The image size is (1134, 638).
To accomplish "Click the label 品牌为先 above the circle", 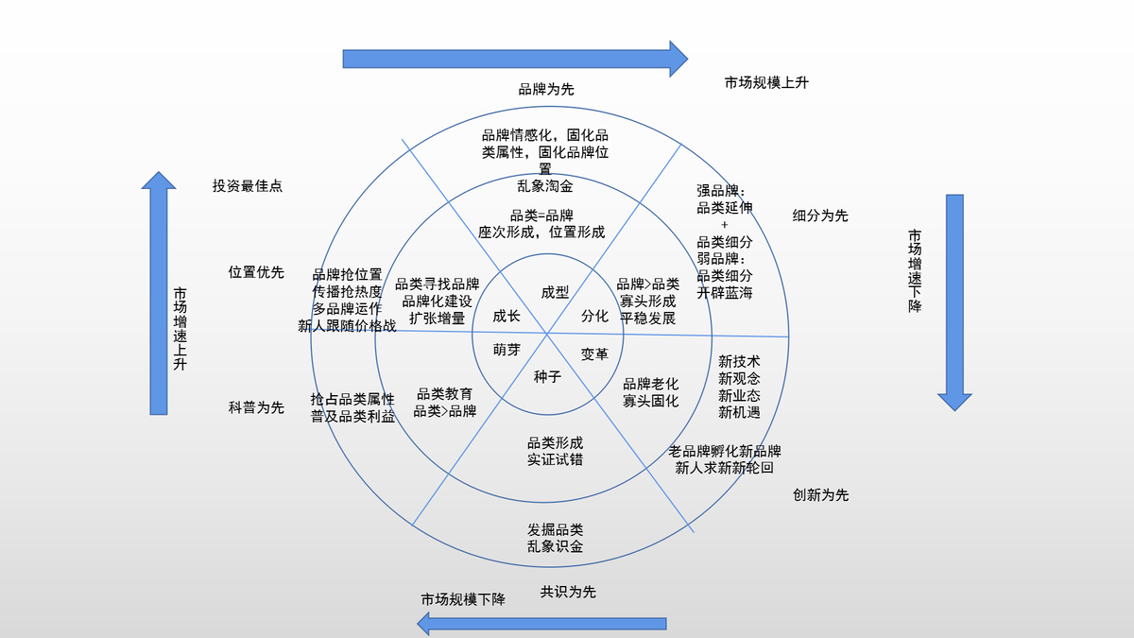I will (546, 90).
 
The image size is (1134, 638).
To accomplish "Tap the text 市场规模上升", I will (766, 83).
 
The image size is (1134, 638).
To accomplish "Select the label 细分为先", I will (820, 216).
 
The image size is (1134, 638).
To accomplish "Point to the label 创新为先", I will (820, 495).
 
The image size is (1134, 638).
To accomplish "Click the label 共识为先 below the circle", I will (568, 593).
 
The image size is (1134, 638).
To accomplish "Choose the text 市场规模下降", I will (463, 600).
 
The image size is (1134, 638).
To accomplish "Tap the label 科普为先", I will (256, 408).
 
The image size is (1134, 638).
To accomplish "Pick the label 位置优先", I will (256, 272).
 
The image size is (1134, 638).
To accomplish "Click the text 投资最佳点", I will (248, 186).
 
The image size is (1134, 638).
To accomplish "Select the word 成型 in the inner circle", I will (555, 293).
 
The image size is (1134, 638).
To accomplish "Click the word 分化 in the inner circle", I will (594, 316).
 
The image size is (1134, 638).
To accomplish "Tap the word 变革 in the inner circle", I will (594, 353).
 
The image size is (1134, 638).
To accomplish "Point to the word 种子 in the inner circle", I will (547, 376).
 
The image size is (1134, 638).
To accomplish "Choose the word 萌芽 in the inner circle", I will (507, 350).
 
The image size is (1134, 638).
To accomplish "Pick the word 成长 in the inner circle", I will (507, 317).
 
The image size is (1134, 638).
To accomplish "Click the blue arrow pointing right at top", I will (515, 59).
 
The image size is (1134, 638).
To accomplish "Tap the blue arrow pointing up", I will (159, 293).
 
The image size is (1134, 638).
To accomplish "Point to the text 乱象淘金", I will (545, 186).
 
